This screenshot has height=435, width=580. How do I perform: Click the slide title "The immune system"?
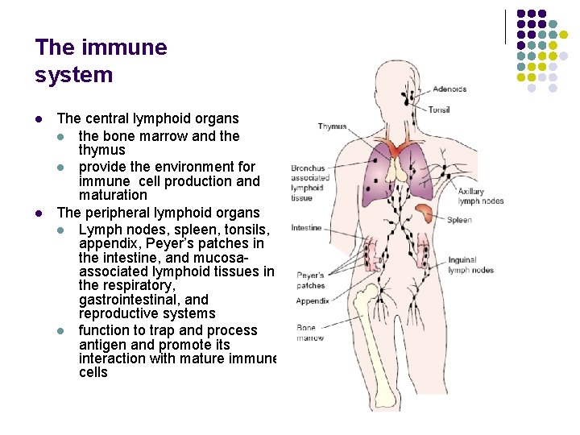[101, 61]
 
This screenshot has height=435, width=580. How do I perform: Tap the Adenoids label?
[449, 89]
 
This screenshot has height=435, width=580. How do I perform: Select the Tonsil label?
[439, 110]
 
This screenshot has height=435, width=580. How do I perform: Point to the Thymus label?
[332, 126]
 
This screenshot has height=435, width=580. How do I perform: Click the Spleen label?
[459, 220]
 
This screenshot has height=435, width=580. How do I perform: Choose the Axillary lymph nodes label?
[480, 197]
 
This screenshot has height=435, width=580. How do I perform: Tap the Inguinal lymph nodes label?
[470, 265]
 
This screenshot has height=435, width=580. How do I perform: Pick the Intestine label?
[306, 228]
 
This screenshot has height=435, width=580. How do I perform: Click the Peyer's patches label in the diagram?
[311, 280]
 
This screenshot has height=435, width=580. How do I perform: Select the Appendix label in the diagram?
[313, 301]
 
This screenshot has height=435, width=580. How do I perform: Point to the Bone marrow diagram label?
[310, 333]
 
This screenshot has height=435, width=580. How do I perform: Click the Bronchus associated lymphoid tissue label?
[310, 183]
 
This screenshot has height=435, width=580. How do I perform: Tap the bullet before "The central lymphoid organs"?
[39, 119]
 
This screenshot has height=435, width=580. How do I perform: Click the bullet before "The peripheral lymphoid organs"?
[39, 213]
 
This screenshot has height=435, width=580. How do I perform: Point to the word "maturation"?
[113, 195]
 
